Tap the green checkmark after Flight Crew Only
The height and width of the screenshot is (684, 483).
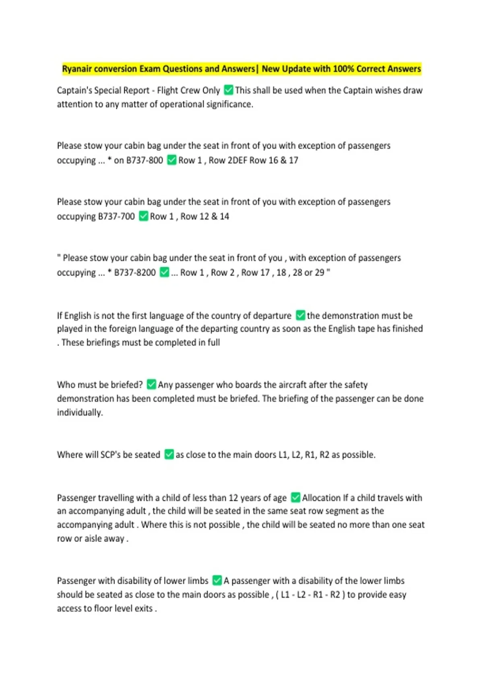228,90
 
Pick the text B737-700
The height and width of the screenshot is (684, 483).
116,216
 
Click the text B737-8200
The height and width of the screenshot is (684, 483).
135,272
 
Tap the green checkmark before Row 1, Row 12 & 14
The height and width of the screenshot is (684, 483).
143,216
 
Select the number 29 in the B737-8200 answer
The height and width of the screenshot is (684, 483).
319,272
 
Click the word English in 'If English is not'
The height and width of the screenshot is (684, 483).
78,315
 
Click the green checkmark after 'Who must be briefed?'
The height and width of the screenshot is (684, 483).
151,384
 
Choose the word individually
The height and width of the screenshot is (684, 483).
80,412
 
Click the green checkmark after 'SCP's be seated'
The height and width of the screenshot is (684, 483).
169,454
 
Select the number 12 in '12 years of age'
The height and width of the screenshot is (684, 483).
233,498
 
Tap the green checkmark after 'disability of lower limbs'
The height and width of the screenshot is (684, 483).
217,580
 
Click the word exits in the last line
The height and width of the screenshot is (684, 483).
143,608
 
